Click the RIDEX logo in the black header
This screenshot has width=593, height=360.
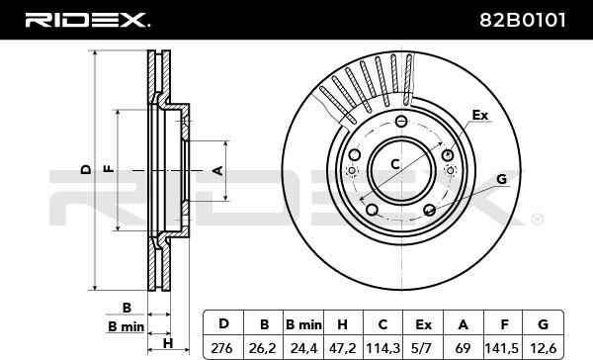click(x=87, y=20)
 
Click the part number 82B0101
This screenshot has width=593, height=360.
click(x=523, y=20)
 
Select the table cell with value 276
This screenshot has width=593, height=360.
click(x=222, y=348)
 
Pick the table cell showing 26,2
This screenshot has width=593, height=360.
click(x=263, y=348)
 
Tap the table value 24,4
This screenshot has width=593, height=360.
click(x=303, y=348)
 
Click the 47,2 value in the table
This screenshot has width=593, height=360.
click(x=343, y=348)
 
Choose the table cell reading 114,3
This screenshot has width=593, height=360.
click(x=382, y=348)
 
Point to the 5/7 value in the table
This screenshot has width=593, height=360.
click(x=423, y=348)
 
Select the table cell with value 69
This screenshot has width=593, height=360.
click(x=464, y=348)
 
